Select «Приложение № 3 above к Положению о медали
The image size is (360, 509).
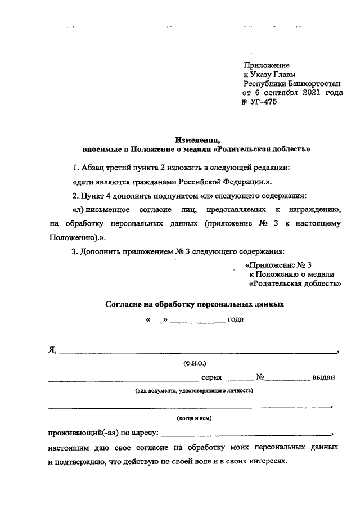pyautogui.click(x=279, y=264)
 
